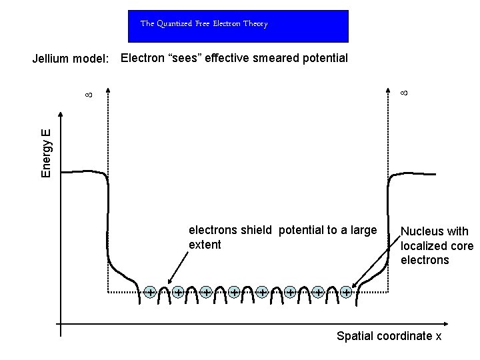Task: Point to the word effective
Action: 225,58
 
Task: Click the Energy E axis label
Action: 46,154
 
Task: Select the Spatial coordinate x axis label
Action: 389,336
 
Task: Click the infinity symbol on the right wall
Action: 403,87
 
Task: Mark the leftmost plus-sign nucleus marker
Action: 151,292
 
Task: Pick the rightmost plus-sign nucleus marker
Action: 346,292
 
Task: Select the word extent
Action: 205,245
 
